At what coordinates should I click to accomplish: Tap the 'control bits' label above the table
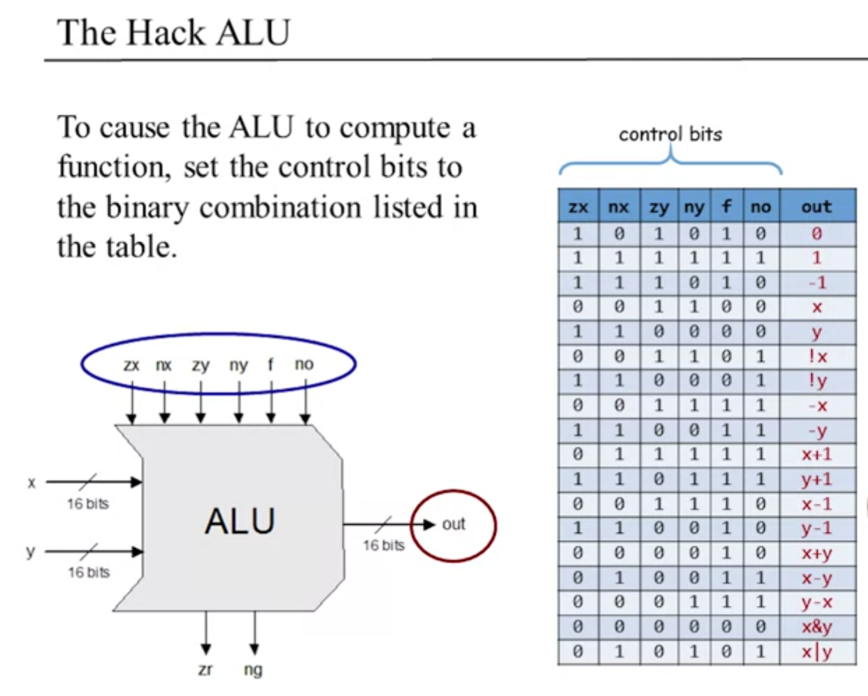(670, 134)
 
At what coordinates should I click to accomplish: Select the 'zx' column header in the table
(578, 207)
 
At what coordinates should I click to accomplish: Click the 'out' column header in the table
(816, 207)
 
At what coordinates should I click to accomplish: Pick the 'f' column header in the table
(726, 207)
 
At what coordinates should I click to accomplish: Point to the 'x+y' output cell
(816, 553)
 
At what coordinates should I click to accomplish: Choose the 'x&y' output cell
(816, 627)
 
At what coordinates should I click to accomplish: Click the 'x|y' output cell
(816, 652)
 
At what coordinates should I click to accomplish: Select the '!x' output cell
(816, 356)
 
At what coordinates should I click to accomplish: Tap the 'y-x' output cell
(816, 602)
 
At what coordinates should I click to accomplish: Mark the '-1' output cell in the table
(816, 282)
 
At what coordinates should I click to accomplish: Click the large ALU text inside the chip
(240, 521)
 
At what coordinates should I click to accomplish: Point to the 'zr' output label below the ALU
(205, 669)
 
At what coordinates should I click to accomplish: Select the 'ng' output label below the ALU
(253, 669)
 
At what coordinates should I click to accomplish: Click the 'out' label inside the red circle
(454, 524)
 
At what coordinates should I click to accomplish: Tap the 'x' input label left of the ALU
(31, 483)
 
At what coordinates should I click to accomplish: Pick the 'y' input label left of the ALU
(31, 552)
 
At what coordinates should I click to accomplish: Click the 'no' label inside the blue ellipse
(304, 364)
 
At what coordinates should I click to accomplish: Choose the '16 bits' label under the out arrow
(383, 546)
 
